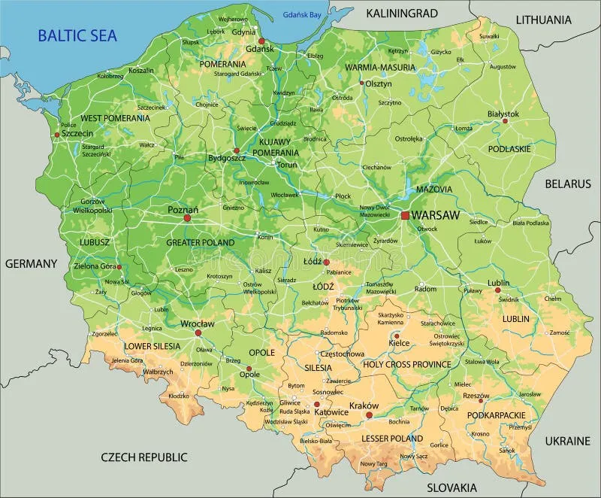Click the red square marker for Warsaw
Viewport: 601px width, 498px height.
pyautogui.click(x=406, y=215)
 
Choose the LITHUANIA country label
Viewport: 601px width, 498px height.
pyautogui.click(x=543, y=20)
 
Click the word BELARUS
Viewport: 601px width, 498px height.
pyautogui.click(x=568, y=184)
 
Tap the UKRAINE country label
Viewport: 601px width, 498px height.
pyautogui.click(x=568, y=441)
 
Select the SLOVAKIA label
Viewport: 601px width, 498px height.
pyautogui.click(x=452, y=487)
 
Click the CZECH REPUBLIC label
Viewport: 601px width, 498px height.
pyautogui.click(x=144, y=457)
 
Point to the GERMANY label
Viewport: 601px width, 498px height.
pyautogui.click(x=31, y=264)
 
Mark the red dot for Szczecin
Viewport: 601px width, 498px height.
pyautogui.click(x=57, y=135)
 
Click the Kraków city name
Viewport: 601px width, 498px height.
pyautogui.click(x=364, y=405)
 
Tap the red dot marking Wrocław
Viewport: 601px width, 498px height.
pyautogui.click(x=198, y=333)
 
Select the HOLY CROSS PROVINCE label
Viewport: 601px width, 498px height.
pyautogui.click(x=407, y=364)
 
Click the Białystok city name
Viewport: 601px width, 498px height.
pyautogui.click(x=503, y=114)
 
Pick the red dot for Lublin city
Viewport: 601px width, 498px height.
pyautogui.click(x=497, y=290)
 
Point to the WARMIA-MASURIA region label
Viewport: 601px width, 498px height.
pyautogui.click(x=369, y=68)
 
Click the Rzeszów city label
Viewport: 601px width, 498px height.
pyautogui.click(x=476, y=396)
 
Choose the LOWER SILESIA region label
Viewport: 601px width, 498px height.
pyautogui.click(x=153, y=346)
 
